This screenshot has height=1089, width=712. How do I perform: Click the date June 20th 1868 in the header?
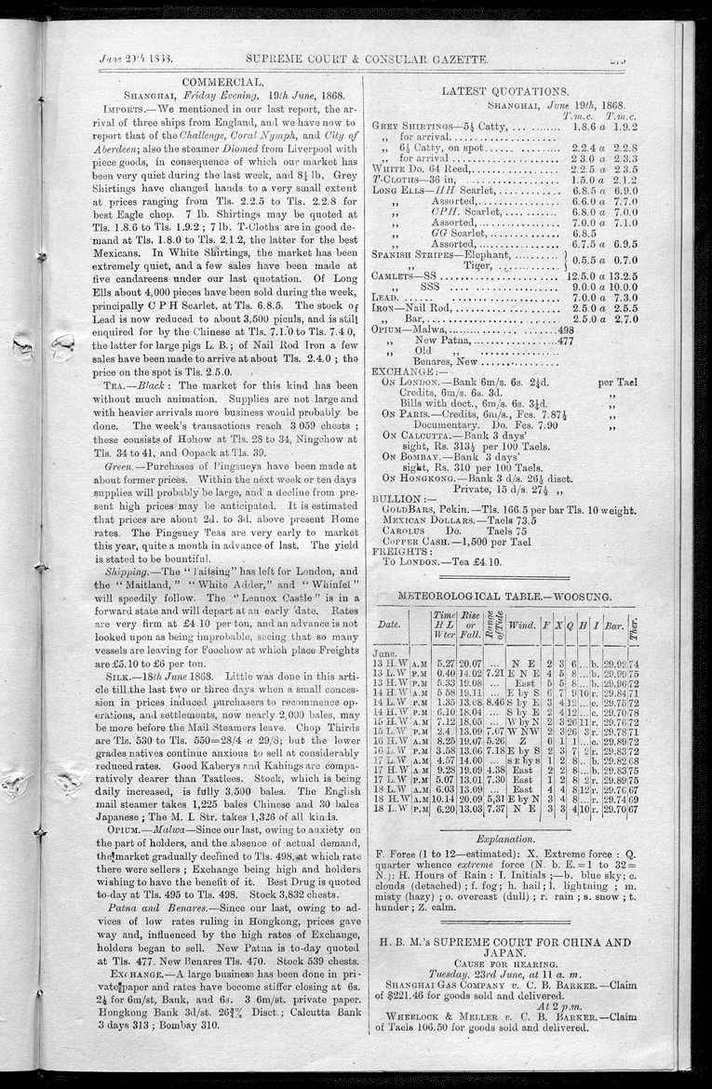131,59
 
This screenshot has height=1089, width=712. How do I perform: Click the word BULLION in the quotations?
398,500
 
